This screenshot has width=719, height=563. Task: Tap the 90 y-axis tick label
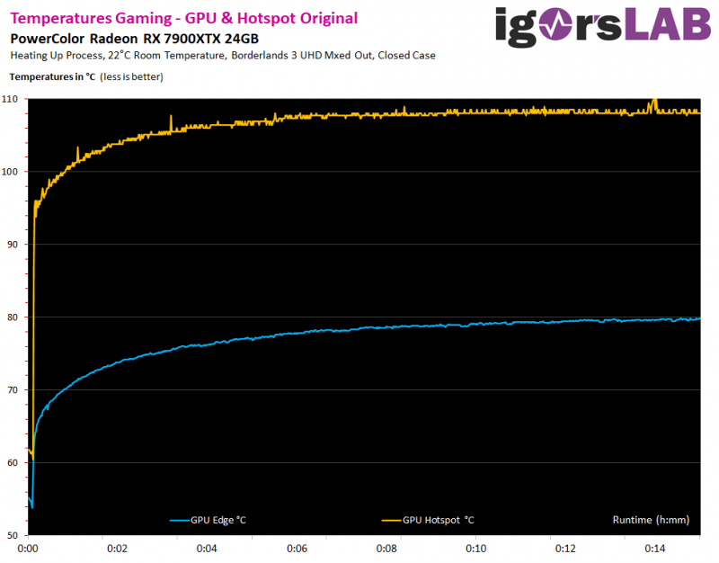(x=14, y=244)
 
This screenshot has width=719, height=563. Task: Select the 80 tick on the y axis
(x=14, y=317)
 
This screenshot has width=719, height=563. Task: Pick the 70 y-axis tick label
(x=14, y=389)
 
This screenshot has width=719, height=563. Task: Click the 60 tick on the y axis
(x=14, y=462)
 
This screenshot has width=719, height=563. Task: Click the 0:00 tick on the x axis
(x=28, y=548)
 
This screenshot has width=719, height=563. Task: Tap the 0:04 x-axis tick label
(x=207, y=548)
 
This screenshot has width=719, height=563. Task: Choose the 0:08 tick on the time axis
(x=386, y=548)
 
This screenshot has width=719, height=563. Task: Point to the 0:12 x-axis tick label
(x=565, y=548)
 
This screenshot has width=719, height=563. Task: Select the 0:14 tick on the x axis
(x=655, y=548)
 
